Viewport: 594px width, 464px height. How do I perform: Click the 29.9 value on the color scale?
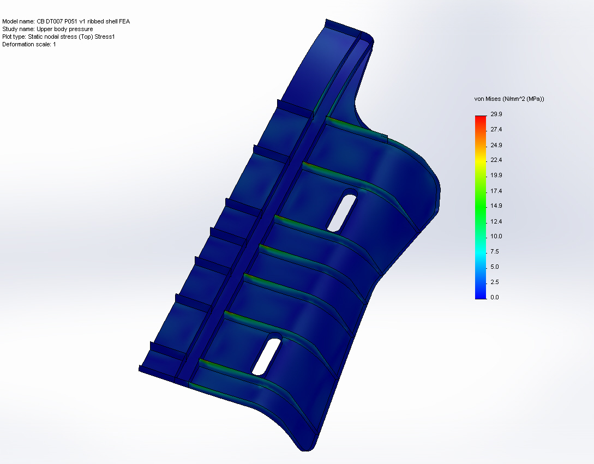[496, 114]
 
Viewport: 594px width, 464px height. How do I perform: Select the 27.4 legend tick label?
[496, 130]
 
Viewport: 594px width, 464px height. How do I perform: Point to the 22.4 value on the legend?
[496, 160]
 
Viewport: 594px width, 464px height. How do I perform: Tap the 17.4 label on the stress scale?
[496, 191]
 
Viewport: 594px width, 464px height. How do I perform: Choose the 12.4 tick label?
[496, 221]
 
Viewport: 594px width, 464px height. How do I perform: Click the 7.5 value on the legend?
[495, 251]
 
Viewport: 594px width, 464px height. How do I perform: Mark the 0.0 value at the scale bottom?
[495, 297]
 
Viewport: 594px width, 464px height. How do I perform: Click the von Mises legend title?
[509, 99]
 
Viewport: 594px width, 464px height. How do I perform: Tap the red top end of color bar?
[480, 118]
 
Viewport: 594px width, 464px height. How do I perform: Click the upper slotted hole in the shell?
[342, 210]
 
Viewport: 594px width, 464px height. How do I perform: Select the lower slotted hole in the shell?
[267, 356]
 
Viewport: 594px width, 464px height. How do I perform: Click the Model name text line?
[66, 21]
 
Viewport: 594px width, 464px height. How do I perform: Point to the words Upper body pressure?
[65, 29]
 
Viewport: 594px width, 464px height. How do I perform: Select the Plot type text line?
[58, 37]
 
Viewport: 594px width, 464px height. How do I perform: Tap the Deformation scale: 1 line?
[29, 44]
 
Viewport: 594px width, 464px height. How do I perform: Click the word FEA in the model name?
[124, 21]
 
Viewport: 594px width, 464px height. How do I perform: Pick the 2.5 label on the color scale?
[495, 282]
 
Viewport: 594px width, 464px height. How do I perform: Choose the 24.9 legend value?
[496, 145]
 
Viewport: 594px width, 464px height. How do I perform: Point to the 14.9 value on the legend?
[496, 206]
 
